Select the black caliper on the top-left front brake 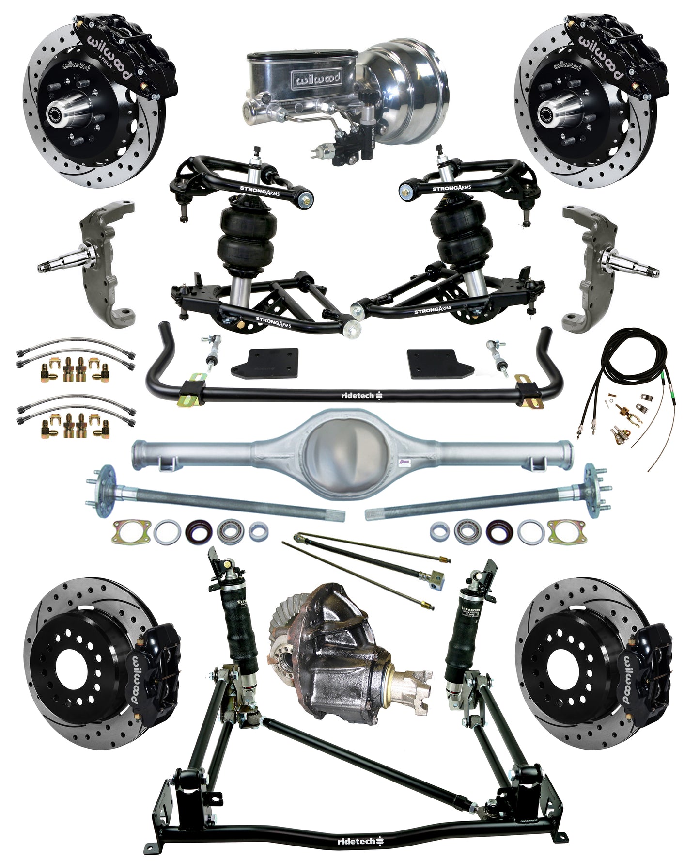tap(128, 53)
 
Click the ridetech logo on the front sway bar tap(360, 396)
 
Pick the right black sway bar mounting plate tap(433, 364)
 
